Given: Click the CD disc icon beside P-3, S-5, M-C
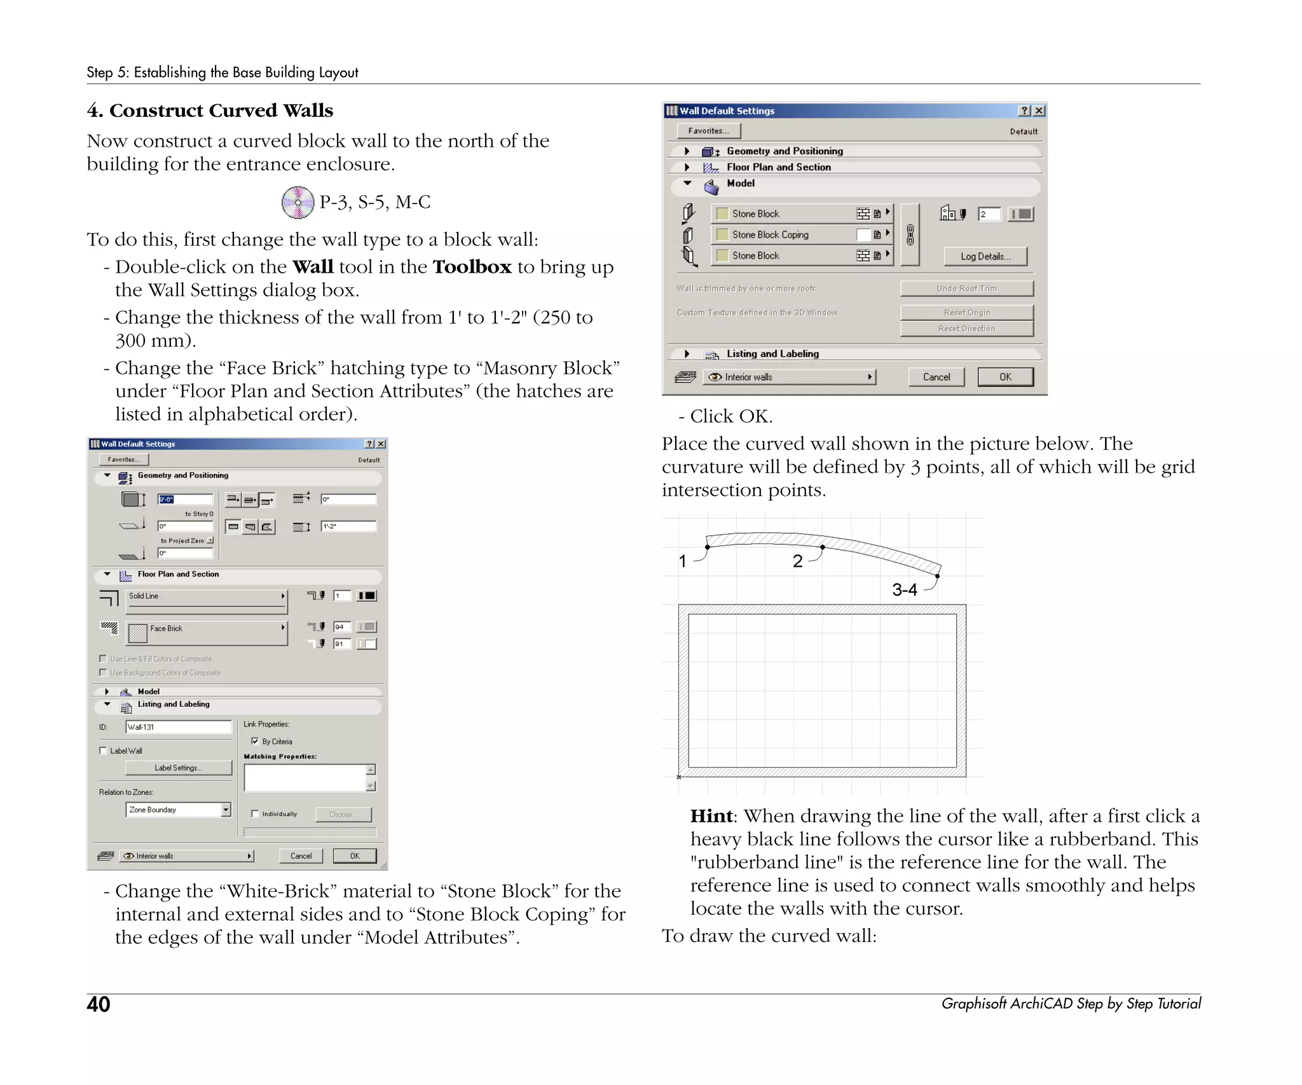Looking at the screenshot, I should pos(298,203).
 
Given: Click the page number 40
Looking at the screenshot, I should pos(99,1004).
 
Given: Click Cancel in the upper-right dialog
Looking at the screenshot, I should pos(936,377).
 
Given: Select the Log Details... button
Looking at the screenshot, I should pos(985,256).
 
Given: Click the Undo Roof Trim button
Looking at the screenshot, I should pos(966,289).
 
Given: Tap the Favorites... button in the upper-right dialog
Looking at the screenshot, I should pos(708,131).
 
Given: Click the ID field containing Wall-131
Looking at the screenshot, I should pos(178,727).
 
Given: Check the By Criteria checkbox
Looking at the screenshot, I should pos(255,741).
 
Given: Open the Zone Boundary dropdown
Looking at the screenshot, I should pos(226,810).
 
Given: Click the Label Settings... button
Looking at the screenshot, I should pos(179,768).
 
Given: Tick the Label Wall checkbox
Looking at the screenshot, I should pos(103,751).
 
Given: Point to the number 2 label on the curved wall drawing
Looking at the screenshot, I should pos(797,561).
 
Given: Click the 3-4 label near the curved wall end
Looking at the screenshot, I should pos(904,590).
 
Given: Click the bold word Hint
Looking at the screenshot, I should pos(711,816).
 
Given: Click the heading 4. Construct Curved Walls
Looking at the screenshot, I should pos(210,111).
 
